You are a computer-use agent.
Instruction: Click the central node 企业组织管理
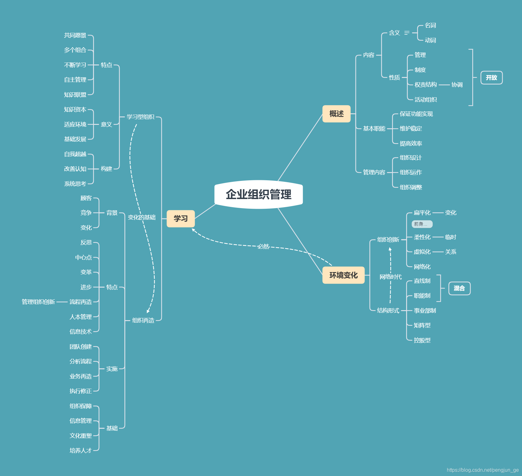coord(258,194)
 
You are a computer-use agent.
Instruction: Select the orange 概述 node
coord(336,114)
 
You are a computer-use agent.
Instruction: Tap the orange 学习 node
coord(181,218)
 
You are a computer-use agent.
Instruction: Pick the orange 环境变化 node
coord(343,275)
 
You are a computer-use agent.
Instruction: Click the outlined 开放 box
coord(491,78)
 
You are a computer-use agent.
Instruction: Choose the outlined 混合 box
coord(459,288)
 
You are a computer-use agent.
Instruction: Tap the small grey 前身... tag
coord(421,224)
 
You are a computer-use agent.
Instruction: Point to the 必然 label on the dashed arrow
coord(263,247)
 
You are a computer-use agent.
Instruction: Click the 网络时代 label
coord(390,277)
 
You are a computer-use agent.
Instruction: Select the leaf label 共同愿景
coord(75,35)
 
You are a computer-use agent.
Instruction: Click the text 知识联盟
coord(75,95)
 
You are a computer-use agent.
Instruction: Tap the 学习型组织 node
coord(140,117)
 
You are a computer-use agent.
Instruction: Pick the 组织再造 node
coord(143,320)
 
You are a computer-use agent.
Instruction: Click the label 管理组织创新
coord(38,302)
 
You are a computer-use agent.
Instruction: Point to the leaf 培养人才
coord(80,450)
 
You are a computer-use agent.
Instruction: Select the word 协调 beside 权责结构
coord(457,84)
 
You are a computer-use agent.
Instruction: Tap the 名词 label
coord(430,25)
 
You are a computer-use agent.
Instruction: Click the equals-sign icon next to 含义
coord(407,33)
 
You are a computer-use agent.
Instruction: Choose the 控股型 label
coord(422,340)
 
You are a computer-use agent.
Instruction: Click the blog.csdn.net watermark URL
coord(483,470)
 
